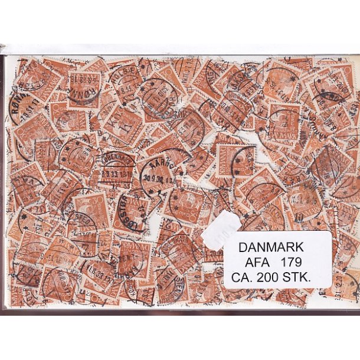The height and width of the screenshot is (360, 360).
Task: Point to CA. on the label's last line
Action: (246, 274)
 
